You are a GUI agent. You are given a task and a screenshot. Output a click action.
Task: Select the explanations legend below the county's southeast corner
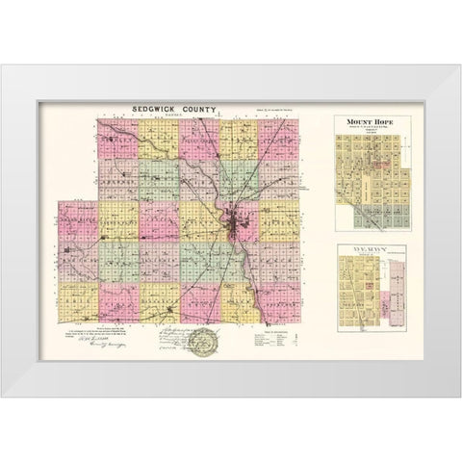pos(285,337)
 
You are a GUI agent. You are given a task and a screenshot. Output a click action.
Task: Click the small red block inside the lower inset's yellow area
pos(369,286)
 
